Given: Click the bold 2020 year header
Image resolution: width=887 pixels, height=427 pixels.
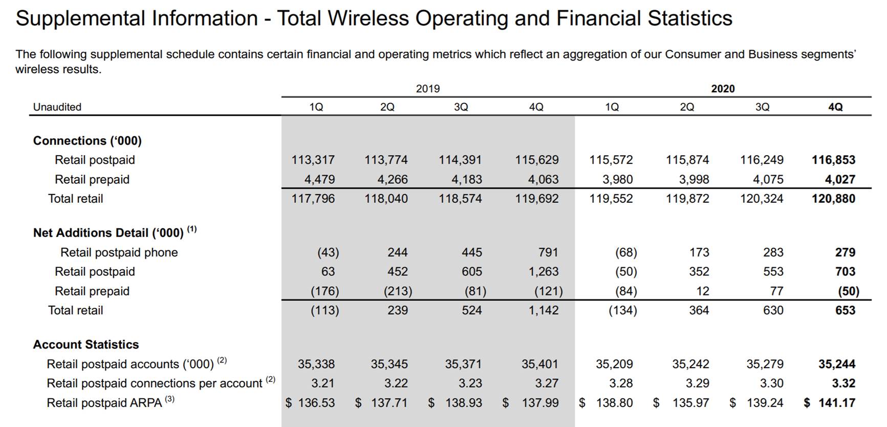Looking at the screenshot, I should point(722,89).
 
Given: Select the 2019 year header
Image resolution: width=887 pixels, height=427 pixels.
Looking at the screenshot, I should point(427,89).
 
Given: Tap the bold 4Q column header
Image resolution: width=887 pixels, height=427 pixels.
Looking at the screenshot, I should point(835,107).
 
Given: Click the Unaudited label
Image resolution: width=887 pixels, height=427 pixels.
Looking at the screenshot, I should point(57,107).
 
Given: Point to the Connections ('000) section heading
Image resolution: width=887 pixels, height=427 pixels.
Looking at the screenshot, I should point(87,141).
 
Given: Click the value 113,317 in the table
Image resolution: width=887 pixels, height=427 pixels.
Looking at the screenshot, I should point(313,160).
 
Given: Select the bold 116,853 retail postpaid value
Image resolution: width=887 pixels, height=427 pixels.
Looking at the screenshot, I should point(833,160).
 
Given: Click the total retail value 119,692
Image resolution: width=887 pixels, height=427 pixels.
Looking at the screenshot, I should point(536,199).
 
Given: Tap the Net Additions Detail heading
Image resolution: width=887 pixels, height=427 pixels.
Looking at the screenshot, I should point(108,233).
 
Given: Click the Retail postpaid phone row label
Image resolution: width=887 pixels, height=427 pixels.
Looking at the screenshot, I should point(119,252).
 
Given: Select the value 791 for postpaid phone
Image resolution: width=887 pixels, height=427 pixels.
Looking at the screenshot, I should point(548,252).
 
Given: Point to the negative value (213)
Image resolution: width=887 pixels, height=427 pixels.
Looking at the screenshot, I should point(398,291).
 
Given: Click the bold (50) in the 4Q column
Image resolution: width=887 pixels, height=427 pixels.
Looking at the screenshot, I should point(848,291).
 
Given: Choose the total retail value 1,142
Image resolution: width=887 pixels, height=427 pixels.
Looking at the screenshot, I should point(543,310).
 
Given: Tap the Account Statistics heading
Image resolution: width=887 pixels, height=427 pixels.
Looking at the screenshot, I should point(86,345).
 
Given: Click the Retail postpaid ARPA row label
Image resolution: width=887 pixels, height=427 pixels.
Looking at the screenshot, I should point(104,403).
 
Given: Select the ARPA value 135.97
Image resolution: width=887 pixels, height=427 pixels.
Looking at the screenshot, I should point(690,403).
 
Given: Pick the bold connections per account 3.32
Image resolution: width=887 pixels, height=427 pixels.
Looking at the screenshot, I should point(843,383).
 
